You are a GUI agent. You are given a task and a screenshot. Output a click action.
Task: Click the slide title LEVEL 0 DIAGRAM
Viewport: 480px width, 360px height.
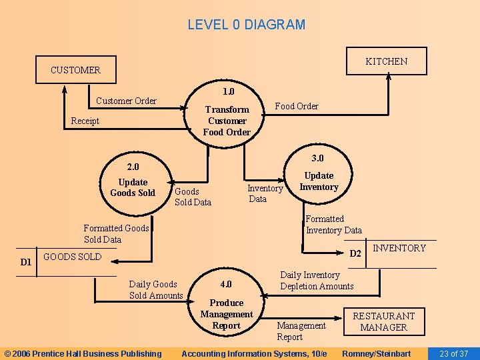(246, 25)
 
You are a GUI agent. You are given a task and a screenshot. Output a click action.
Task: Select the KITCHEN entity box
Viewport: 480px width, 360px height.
(386, 61)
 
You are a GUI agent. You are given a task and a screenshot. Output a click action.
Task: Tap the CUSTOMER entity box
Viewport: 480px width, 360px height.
(75, 69)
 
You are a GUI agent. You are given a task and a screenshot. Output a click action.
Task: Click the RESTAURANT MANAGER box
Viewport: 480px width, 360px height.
(383, 321)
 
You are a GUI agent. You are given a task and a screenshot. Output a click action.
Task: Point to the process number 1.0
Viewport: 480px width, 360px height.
(228, 91)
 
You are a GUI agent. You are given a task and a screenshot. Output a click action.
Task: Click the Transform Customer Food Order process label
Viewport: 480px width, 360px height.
(227, 121)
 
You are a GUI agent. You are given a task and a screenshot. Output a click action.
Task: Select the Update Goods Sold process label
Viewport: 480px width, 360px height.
(133, 187)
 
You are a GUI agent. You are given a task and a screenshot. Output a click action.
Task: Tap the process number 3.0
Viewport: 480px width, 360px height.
(318, 158)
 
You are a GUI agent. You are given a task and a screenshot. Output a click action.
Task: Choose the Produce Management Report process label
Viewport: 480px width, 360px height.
(227, 314)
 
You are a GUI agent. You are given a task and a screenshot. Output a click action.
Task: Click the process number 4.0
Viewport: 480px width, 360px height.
(227, 284)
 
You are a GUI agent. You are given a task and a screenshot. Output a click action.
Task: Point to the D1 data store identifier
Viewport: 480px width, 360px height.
(25, 262)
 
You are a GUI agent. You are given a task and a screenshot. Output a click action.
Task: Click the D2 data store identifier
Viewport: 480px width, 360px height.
(356, 253)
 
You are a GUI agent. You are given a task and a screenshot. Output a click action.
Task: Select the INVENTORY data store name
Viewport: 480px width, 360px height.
(399, 248)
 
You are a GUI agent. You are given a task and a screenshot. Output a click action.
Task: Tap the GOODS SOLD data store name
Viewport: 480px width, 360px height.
(72, 257)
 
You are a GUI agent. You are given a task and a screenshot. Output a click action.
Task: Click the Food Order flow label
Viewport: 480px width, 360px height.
(297, 106)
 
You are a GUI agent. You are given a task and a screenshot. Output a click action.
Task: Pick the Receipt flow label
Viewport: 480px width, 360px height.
(85, 121)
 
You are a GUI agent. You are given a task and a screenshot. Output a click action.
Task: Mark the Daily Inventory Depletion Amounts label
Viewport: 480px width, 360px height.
(317, 281)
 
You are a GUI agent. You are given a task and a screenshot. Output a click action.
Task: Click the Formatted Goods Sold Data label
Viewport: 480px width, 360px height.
(116, 233)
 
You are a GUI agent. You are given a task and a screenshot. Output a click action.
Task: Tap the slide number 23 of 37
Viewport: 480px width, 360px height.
(453, 353)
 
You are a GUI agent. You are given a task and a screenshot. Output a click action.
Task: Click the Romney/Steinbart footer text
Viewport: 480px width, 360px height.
(376, 353)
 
